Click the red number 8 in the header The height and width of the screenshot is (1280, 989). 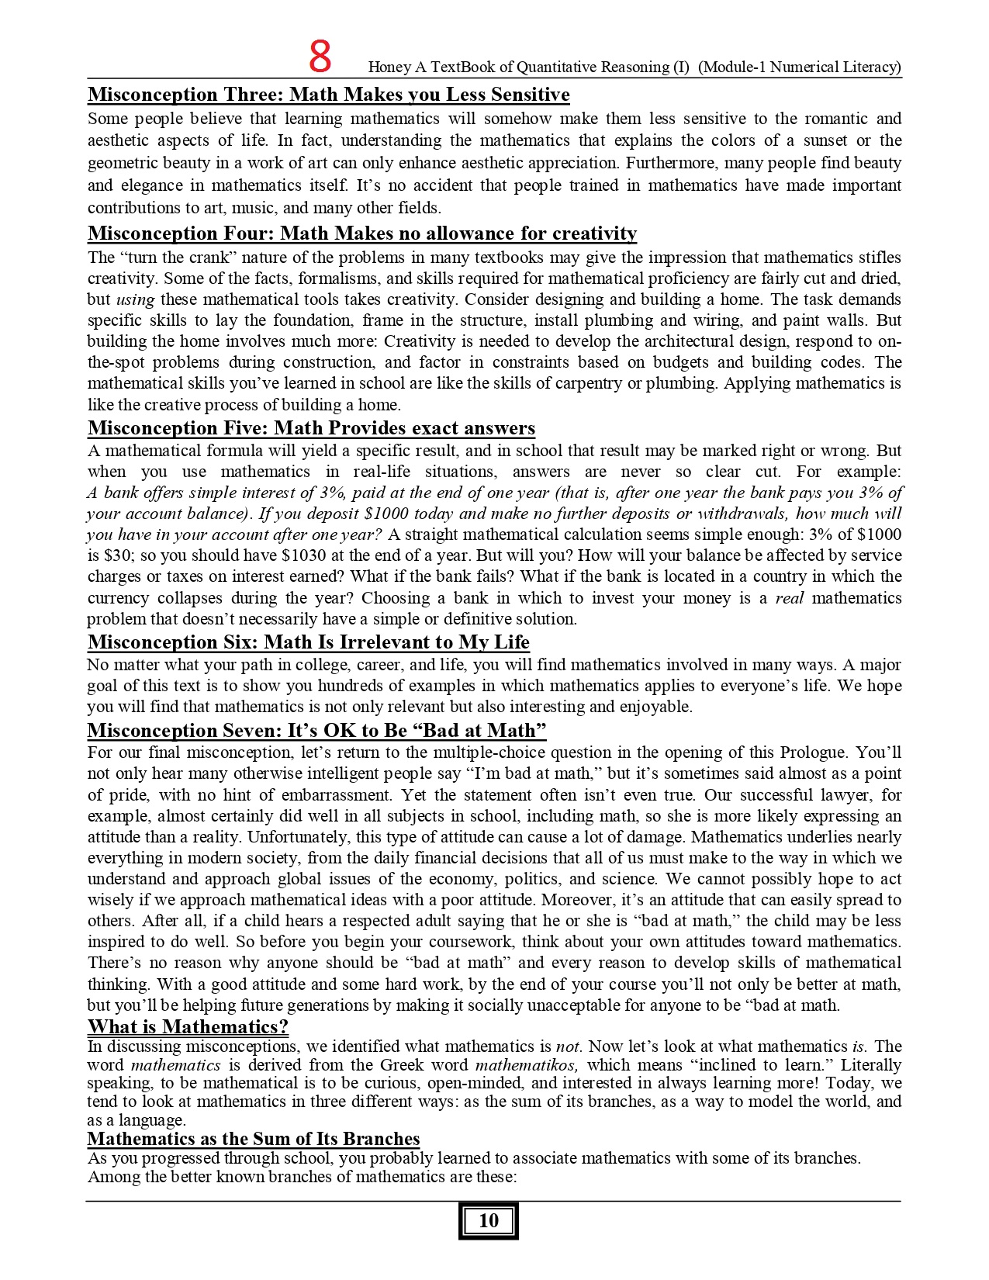coord(320,57)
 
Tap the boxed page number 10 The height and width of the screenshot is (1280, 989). coord(489,1220)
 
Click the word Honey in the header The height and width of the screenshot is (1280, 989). coord(389,67)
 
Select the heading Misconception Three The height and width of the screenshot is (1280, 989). coord(328,95)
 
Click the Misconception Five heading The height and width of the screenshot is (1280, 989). coord(311,428)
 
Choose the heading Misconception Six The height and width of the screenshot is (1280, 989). coord(308,642)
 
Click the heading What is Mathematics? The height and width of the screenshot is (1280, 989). coord(188,1027)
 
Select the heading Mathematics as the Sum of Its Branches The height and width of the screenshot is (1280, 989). coord(254,1139)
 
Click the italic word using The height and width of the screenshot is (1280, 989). coord(135,299)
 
